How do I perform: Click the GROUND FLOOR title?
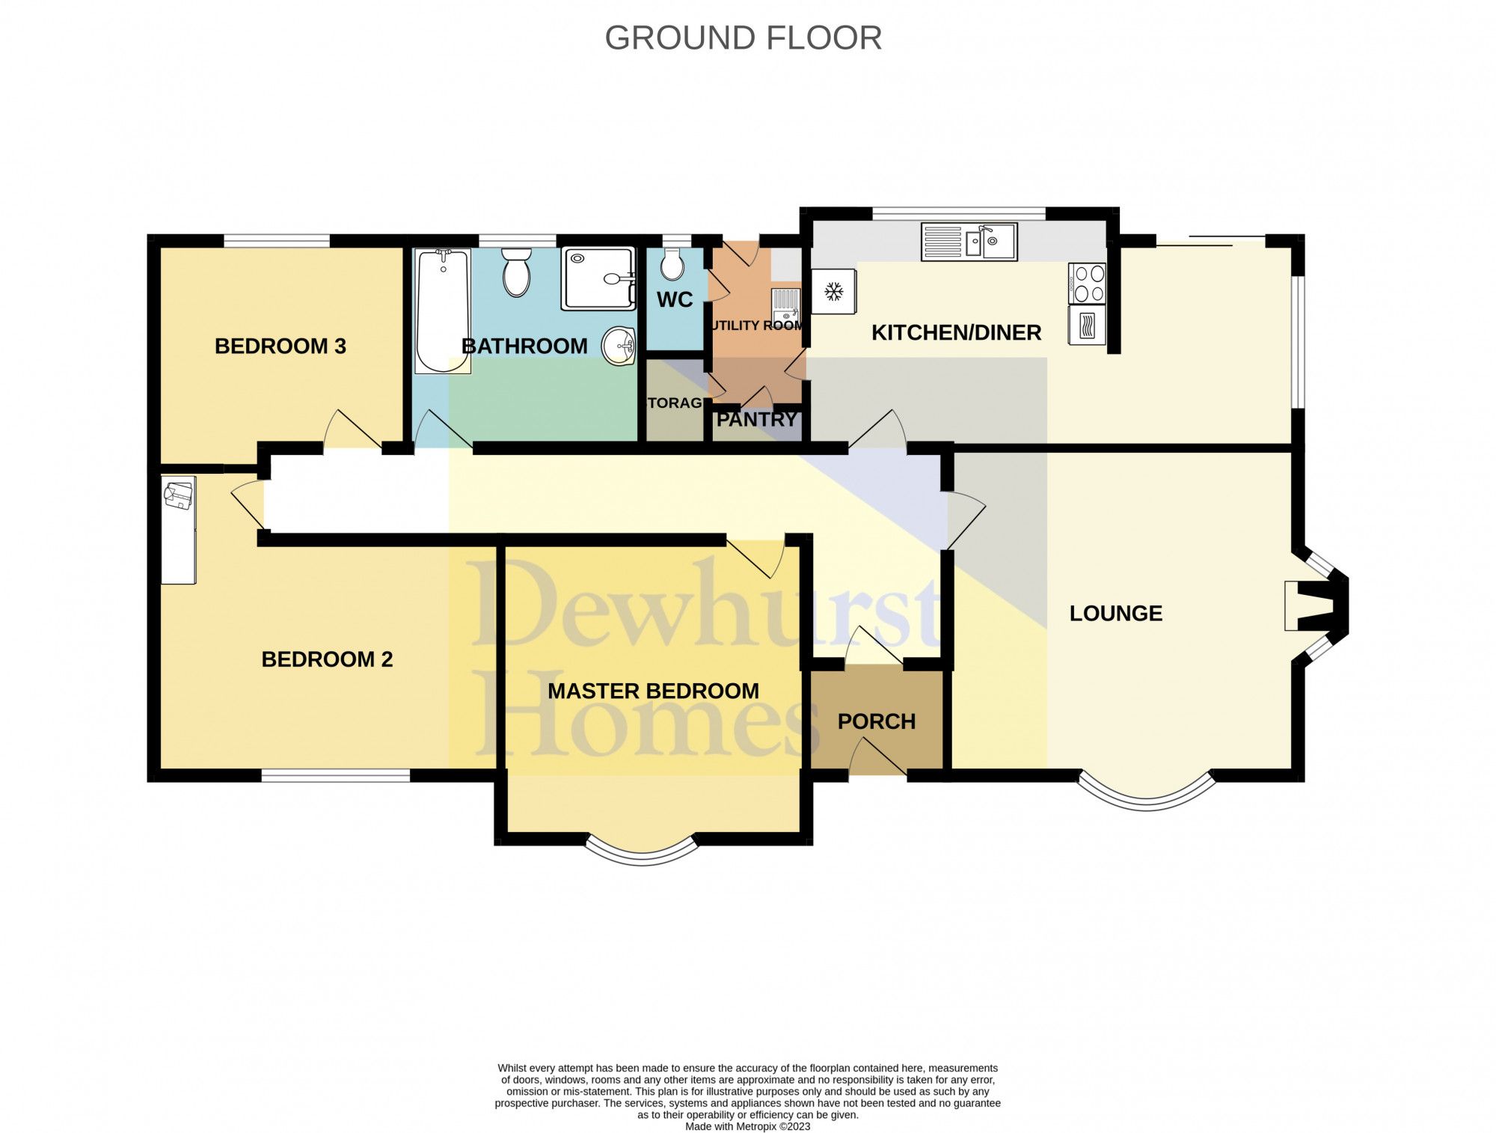(x=743, y=38)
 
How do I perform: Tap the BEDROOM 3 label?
(x=280, y=346)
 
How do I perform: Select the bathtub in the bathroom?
(x=442, y=311)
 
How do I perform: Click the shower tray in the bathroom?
(x=598, y=278)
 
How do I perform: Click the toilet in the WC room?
(x=671, y=263)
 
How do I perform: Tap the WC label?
(x=674, y=300)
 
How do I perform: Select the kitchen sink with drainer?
(x=969, y=242)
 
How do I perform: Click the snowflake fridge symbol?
(x=833, y=291)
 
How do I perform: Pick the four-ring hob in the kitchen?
(x=1087, y=283)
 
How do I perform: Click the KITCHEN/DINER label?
(x=956, y=332)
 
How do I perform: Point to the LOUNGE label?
(x=1115, y=614)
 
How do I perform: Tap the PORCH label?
(x=876, y=721)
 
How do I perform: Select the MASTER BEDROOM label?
(x=653, y=691)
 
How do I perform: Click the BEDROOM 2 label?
(x=327, y=659)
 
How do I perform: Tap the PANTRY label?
(x=756, y=420)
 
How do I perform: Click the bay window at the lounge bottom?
(x=1146, y=796)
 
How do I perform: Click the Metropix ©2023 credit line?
(x=747, y=1126)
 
